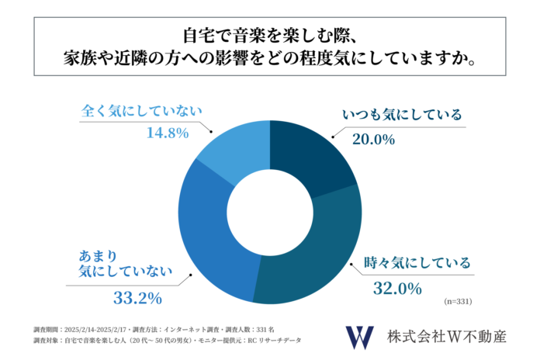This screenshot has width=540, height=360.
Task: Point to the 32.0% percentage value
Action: (x=396, y=289)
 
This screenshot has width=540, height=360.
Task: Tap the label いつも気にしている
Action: (x=402, y=116)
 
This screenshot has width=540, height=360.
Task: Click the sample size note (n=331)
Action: (x=458, y=300)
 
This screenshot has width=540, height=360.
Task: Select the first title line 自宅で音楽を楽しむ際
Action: (x=269, y=35)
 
